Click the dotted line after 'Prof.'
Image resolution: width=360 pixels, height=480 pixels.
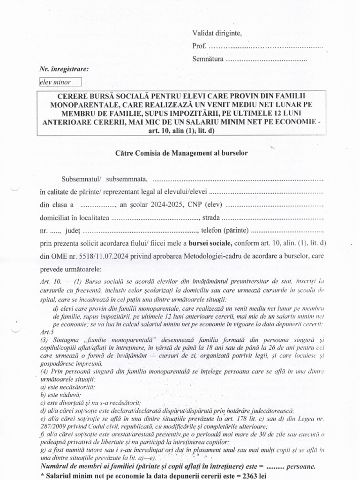tap(265, 46)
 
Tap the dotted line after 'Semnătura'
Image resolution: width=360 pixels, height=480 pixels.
tap(266, 60)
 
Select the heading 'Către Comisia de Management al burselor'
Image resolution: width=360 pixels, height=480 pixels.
tap(181, 152)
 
